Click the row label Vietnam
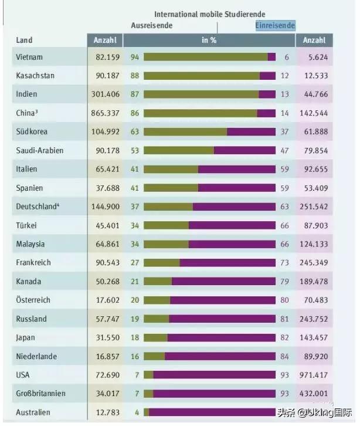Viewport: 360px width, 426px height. pyautogui.click(x=30, y=58)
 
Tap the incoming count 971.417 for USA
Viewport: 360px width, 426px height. pyautogui.click(x=314, y=374)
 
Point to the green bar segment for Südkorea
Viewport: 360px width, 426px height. pyautogui.click(x=185, y=132)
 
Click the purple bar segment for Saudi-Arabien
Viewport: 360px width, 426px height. pyautogui.click(x=244, y=151)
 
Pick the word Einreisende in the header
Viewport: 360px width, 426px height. pyautogui.click(x=275, y=26)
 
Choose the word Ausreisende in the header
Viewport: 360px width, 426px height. pyautogui.click(x=151, y=26)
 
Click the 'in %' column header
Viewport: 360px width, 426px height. pyautogui.click(x=209, y=40)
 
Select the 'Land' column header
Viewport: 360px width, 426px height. pyautogui.click(x=24, y=40)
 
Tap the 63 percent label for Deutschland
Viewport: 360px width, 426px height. pyautogui.click(x=285, y=207)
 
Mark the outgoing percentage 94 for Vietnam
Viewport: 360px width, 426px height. pyautogui.click(x=134, y=58)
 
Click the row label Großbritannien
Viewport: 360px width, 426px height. pyautogui.click(x=41, y=393)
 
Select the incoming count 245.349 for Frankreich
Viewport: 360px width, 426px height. pyautogui.click(x=314, y=263)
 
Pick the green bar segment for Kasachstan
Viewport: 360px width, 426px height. pyautogui.click(x=202, y=76)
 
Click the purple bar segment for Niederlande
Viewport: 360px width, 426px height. pyautogui.click(x=220, y=356)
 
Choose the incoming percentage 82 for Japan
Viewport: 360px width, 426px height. pyautogui.click(x=285, y=337)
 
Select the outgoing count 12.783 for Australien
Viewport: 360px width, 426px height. pyautogui.click(x=107, y=412)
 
